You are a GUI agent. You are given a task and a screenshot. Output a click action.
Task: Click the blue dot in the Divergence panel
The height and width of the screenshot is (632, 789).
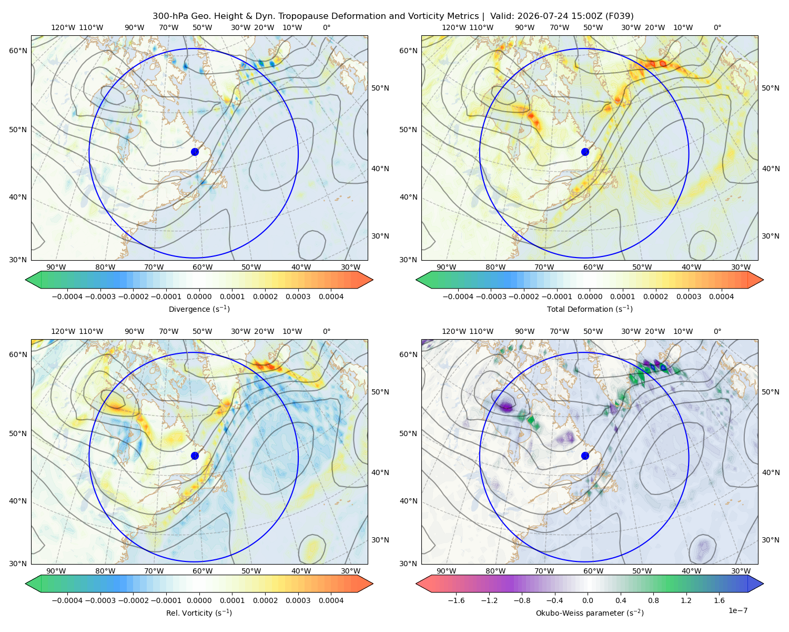coord(195,152)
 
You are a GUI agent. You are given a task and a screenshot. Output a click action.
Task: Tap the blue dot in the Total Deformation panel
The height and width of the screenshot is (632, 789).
coord(585,152)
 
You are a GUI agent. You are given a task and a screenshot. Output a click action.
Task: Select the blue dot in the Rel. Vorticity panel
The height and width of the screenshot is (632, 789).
coord(195,456)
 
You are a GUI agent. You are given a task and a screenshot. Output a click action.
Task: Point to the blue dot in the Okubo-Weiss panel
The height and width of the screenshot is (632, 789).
coord(585,456)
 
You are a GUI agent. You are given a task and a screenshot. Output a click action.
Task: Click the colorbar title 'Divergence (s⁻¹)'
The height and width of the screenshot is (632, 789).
coord(199,309)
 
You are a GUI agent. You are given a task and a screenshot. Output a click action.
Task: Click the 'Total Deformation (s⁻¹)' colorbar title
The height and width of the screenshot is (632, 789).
coord(590,309)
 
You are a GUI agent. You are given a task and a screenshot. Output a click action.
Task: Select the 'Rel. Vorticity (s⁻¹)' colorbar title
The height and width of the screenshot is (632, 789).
coord(199,613)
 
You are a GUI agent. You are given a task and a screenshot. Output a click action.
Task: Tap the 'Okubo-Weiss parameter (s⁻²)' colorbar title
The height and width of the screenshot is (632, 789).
coord(590,613)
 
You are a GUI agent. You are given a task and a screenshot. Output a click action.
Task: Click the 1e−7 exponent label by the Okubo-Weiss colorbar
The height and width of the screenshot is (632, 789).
coord(737,610)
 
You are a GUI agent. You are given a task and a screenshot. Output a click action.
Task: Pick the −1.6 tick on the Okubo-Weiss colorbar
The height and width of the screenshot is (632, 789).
coord(456,600)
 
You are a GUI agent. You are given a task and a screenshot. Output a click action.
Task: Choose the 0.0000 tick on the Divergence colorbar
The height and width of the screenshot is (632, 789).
coord(199,297)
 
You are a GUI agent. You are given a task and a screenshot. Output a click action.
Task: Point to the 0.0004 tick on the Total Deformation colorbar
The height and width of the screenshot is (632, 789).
coord(721,297)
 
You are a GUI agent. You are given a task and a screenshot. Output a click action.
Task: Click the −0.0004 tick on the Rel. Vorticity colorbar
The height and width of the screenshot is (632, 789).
coord(67,600)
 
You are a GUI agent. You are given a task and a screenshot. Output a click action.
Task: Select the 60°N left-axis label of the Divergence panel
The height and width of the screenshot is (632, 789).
coord(18,51)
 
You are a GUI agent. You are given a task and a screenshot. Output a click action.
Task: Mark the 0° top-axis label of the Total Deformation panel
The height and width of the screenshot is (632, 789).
coord(717,27)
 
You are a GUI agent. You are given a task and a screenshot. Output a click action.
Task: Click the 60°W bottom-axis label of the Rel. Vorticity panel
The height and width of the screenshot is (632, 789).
coord(203,571)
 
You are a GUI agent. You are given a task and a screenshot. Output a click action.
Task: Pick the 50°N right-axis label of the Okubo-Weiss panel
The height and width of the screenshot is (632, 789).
coord(770,392)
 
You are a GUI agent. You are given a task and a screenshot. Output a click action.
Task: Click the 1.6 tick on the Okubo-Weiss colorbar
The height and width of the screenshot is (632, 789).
coord(719,600)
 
